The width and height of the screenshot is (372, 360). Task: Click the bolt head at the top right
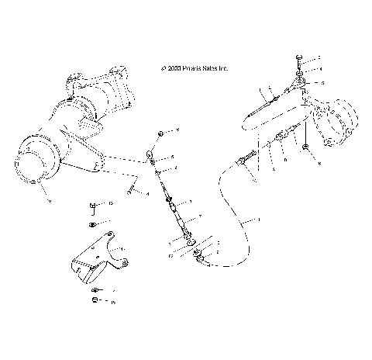(x=299, y=59)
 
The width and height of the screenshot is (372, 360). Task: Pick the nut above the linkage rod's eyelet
(x=159, y=133)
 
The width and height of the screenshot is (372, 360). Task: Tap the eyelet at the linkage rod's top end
(x=151, y=158)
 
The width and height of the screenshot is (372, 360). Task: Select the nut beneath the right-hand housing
(x=308, y=147)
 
